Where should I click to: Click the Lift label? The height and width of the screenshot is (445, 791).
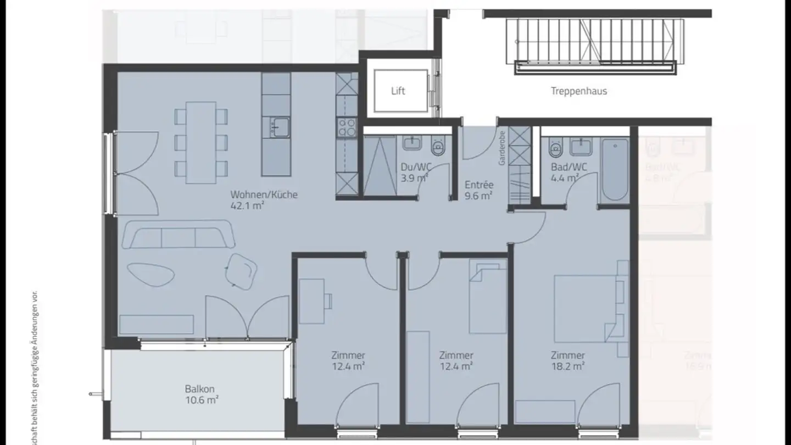point(398,91)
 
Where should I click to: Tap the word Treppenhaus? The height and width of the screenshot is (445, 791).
point(579,91)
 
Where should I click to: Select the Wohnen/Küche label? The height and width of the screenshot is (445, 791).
point(264,194)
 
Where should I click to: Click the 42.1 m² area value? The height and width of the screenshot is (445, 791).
point(248,206)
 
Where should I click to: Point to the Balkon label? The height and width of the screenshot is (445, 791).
point(199,389)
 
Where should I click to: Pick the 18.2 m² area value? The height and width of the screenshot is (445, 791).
point(568,366)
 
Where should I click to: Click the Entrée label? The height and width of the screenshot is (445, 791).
point(479,185)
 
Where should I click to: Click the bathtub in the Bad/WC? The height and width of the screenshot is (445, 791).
point(615,170)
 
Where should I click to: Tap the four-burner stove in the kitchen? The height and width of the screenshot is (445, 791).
point(347,128)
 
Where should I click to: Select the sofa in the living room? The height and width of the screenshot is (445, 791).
point(179,235)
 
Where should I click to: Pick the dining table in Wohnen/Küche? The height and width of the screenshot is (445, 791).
point(201,142)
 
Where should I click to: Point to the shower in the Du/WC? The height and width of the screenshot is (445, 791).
point(380,165)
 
